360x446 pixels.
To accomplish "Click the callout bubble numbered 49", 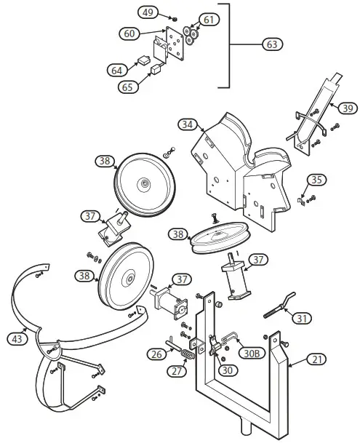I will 148,12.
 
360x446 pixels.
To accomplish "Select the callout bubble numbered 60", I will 130,33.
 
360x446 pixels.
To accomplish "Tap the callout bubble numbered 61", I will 208,20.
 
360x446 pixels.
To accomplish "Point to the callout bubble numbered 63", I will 271,44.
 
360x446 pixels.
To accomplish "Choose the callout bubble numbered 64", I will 116,70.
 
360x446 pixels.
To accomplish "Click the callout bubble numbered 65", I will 128,86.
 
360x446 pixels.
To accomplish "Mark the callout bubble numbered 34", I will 187,125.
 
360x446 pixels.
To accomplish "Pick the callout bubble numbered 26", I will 157,354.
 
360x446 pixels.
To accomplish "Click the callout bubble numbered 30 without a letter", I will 227,370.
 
